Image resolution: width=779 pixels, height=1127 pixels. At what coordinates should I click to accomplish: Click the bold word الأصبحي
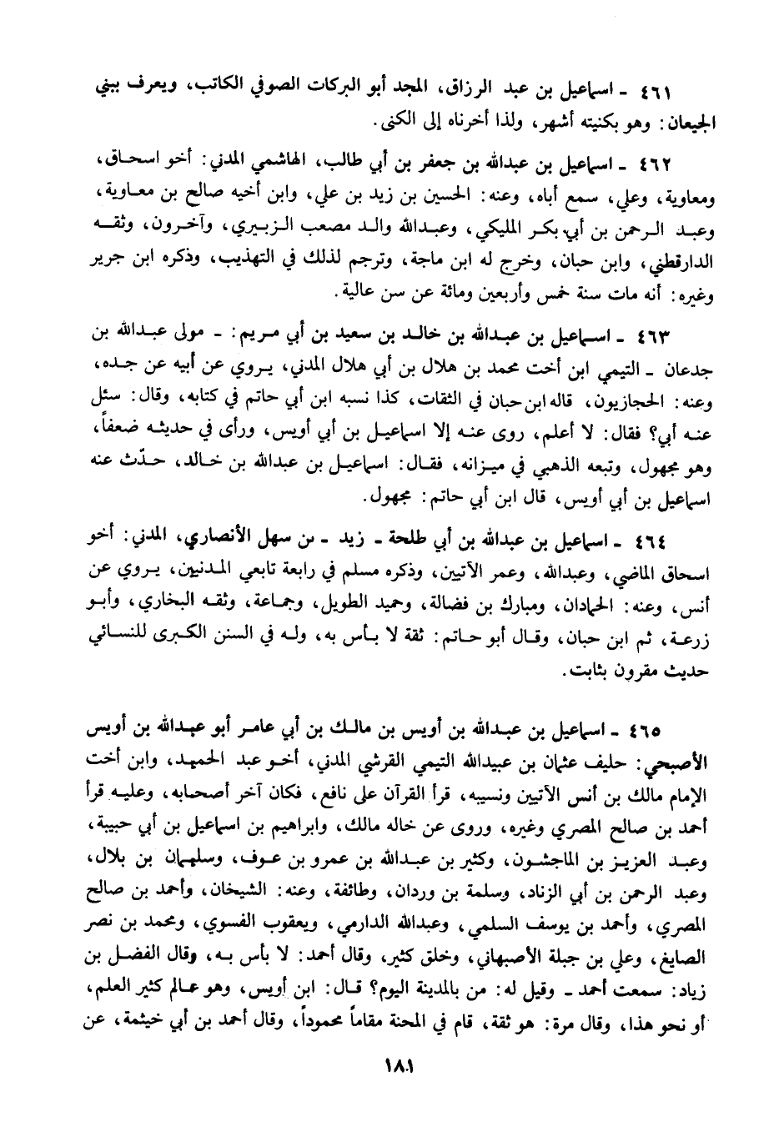(676, 762)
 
